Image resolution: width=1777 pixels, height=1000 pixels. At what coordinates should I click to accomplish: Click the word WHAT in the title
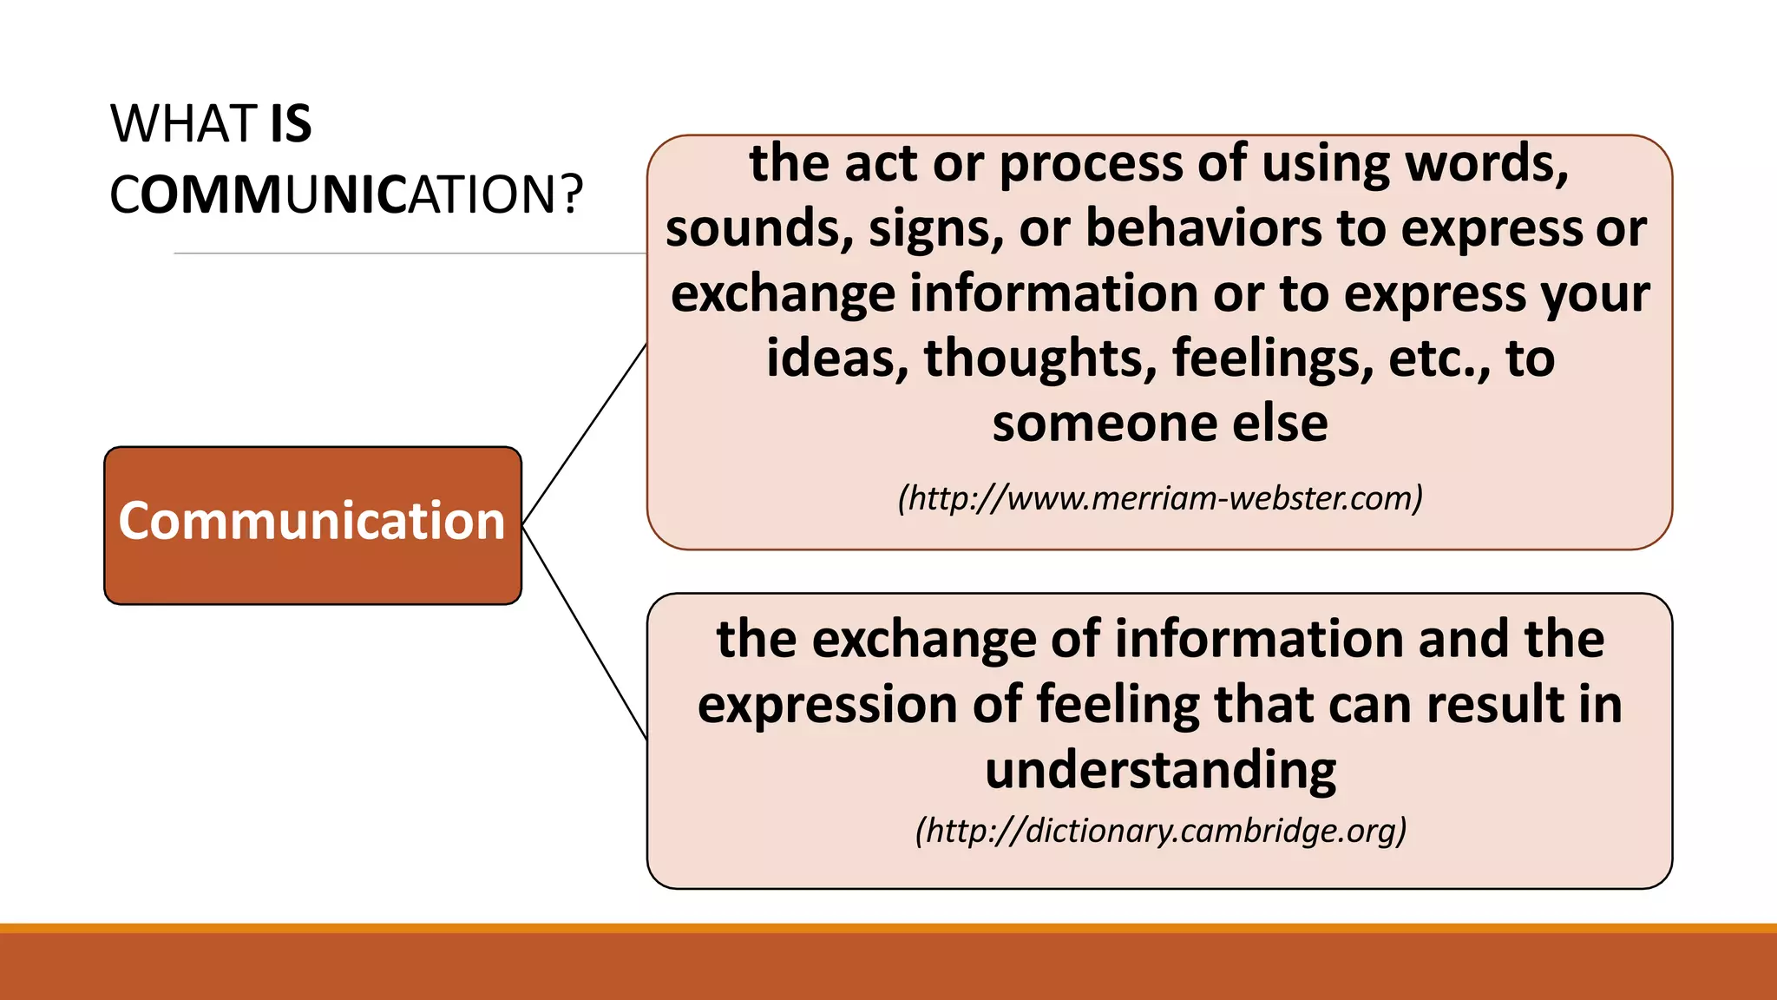[183, 124]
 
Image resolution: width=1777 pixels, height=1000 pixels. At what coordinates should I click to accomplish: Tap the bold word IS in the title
[291, 124]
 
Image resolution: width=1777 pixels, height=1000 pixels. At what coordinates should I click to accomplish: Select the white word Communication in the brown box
[311, 521]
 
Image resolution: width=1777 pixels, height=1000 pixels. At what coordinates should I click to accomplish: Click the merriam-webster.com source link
[1160, 498]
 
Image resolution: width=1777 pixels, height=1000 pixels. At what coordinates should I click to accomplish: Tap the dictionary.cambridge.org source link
[1160, 831]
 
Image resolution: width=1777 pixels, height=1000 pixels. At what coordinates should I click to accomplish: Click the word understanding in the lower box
[1160, 769]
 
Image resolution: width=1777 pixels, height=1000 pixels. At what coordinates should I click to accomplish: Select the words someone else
[1160, 424]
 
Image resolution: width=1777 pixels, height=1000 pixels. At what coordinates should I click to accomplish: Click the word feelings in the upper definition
[1272, 359]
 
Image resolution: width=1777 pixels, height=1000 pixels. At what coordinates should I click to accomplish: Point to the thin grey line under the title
[408, 253]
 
